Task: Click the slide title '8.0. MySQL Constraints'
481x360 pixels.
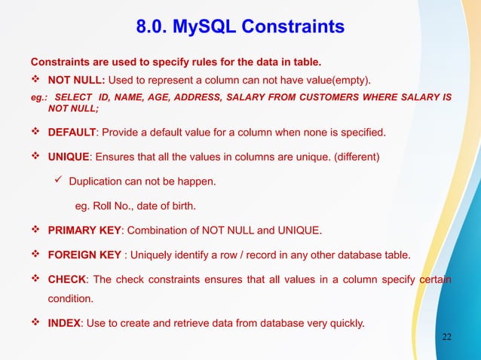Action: pyautogui.click(x=240, y=28)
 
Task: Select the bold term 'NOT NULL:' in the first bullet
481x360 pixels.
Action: pyautogui.click(x=72, y=80)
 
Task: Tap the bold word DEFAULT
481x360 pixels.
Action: pyautogui.click(x=72, y=133)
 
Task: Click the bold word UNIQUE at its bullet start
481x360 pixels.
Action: pyautogui.click(x=69, y=157)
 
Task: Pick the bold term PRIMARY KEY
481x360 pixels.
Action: pyautogui.click(x=84, y=229)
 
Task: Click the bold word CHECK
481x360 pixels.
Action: pyautogui.click(x=67, y=280)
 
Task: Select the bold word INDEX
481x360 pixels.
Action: pyautogui.click(x=65, y=324)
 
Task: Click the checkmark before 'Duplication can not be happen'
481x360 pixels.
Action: pyautogui.click(x=58, y=182)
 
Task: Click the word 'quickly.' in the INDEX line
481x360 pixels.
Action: pyautogui.click(x=342, y=324)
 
